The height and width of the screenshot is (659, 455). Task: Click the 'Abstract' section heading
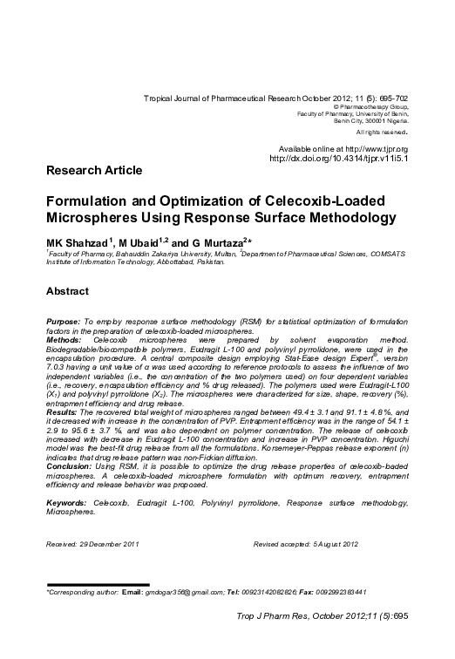point(70,289)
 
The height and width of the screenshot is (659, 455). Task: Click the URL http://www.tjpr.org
point(373,150)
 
